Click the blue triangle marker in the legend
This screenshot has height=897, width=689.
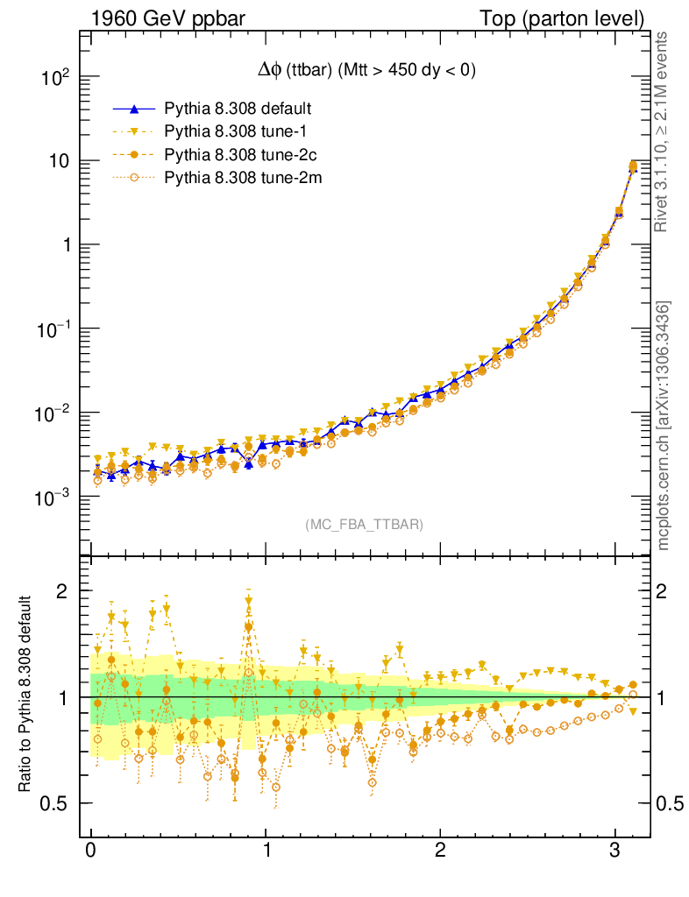click(134, 109)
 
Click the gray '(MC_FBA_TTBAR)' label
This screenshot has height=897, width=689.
click(364, 525)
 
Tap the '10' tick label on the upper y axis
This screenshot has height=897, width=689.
click(60, 162)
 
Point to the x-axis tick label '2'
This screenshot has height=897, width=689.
click(440, 852)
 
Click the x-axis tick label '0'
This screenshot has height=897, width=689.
click(90, 852)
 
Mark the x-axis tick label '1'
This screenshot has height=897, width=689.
click(266, 852)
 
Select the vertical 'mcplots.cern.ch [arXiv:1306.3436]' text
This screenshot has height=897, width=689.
click(664, 425)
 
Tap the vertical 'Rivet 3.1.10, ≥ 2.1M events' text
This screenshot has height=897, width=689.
click(664, 131)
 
